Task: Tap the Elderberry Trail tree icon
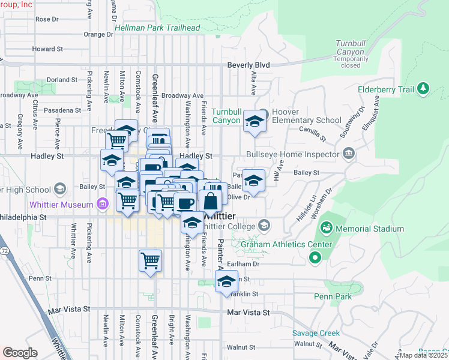424,89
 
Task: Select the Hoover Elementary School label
306,116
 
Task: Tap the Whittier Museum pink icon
102,205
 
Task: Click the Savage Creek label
316,333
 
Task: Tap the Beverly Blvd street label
249,65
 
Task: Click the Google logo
20,353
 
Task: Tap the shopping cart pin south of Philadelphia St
150,260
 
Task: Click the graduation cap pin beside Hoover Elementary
255,122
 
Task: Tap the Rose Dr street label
47,19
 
